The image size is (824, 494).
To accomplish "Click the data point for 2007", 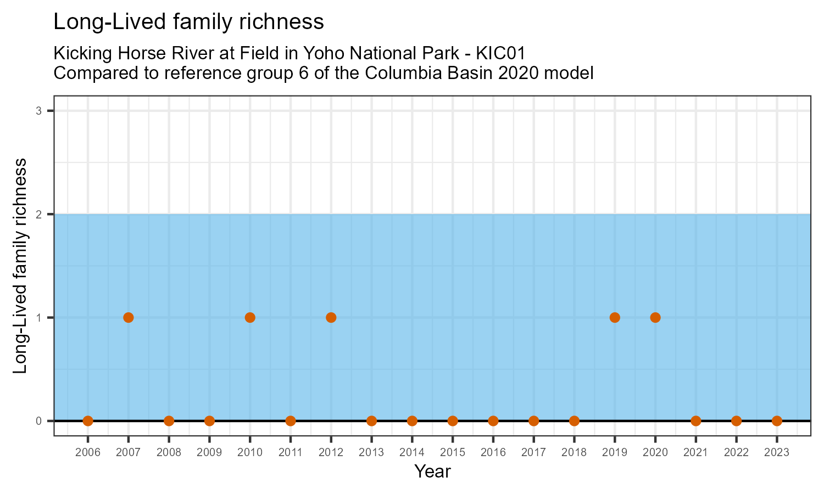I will pyautogui.click(x=129, y=317).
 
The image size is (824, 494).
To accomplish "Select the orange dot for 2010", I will pyautogui.click(x=250, y=317).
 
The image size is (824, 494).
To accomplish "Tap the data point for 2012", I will pyautogui.click(x=331, y=317).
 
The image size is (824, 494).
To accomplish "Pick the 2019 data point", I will pyautogui.click(x=615, y=317).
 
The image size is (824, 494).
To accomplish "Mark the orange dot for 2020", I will pyautogui.click(x=655, y=317).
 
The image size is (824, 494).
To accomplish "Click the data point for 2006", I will pyautogui.click(x=88, y=421).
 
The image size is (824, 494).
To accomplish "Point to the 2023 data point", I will pyautogui.click(x=777, y=421).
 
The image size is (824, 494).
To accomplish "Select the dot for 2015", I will pyautogui.click(x=453, y=421).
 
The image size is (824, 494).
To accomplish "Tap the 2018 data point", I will pyautogui.click(x=574, y=421).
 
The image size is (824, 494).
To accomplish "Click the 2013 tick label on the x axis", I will pyautogui.click(x=371, y=453).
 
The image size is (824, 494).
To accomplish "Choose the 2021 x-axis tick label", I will pyautogui.click(x=695, y=453).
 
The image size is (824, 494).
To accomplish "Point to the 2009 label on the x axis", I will pyautogui.click(x=209, y=453).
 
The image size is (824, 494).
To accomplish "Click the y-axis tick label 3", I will pyautogui.click(x=39, y=111).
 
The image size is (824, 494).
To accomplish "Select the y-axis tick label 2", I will pyautogui.click(x=39, y=214).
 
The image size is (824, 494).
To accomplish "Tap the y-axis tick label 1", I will pyautogui.click(x=39, y=317).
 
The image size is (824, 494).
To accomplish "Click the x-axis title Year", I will pyautogui.click(x=432, y=471).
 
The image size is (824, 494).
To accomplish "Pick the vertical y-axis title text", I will pyautogui.click(x=20, y=266).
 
